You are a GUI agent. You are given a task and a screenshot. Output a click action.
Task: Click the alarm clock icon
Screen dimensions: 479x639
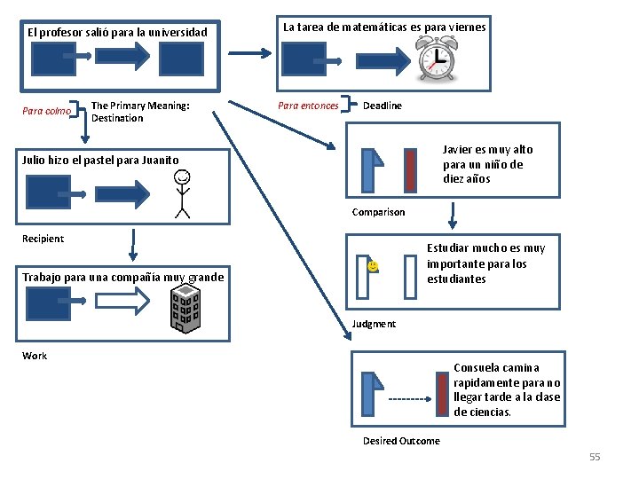[x=437, y=62]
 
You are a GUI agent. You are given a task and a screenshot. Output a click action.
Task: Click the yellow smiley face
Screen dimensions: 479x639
[x=373, y=265]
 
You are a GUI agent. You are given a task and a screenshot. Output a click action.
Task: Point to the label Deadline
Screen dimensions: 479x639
[x=382, y=106]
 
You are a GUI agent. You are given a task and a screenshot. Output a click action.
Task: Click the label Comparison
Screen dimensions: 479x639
[x=378, y=212]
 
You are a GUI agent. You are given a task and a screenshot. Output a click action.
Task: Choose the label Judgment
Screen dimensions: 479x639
[x=374, y=324]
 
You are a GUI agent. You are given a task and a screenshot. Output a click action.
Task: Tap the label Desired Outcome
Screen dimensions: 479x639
[x=400, y=441]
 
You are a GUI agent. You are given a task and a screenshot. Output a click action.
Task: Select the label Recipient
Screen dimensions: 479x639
[x=43, y=239]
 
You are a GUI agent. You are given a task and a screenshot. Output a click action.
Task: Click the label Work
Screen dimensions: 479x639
[x=35, y=356]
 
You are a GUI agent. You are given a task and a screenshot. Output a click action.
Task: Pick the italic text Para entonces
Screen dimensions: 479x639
[x=308, y=106]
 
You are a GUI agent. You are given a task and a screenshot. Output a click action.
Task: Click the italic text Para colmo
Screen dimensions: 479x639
[x=46, y=111]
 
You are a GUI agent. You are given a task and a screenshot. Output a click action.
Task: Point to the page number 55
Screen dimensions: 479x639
[x=595, y=457]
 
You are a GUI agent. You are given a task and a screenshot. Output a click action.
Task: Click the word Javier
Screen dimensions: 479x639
[x=460, y=150]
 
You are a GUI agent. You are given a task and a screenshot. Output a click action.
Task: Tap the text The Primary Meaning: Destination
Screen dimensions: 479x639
[x=140, y=112]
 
